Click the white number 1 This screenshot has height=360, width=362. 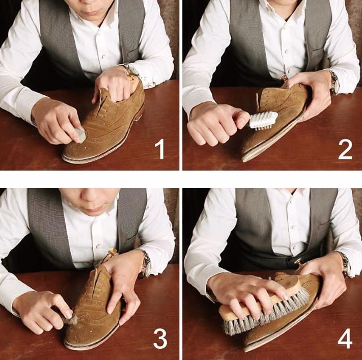pos(160,149)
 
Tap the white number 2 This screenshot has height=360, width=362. pos(345,149)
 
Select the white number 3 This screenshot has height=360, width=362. pos(160,339)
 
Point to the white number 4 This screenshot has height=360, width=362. pos(345,339)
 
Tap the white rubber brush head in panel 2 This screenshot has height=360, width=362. pos(264,120)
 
